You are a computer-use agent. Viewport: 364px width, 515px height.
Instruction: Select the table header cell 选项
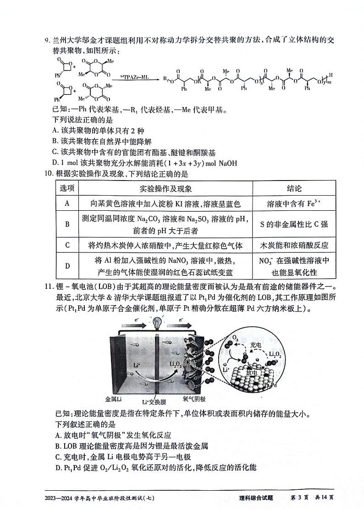(67, 189)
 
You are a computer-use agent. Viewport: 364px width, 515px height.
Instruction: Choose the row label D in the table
(67, 266)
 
